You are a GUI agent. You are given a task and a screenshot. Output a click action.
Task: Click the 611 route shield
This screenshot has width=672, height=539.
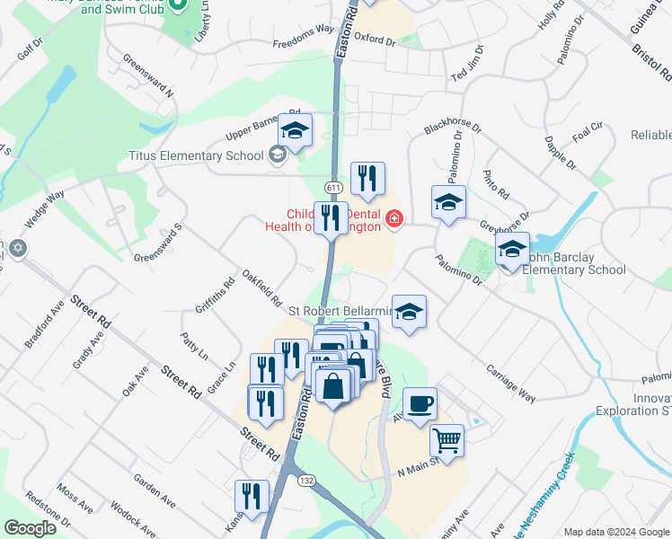[x=333, y=187]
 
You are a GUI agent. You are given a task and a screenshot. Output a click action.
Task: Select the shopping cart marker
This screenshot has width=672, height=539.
[x=447, y=440]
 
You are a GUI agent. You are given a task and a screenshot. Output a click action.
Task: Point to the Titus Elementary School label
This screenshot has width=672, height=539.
[x=195, y=155]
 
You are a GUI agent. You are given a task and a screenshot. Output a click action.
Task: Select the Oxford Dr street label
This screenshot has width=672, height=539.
[x=375, y=40]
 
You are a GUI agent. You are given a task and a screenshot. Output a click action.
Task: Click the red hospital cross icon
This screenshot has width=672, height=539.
[x=393, y=218]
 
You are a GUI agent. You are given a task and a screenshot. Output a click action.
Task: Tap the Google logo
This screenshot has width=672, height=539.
[x=31, y=528]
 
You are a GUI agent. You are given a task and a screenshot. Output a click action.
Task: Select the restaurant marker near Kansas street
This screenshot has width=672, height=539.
[x=252, y=496]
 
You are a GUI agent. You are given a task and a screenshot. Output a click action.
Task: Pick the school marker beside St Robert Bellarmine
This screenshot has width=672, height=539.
[x=409, y=311]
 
